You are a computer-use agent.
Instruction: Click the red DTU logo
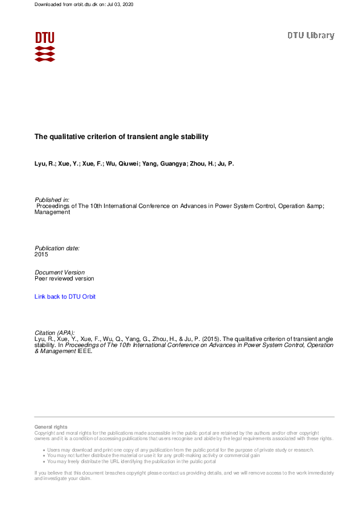[45, 46]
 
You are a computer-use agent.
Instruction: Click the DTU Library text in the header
[310, 36]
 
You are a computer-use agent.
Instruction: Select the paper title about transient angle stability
[121, 137]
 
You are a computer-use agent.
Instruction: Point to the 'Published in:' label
[52, 199]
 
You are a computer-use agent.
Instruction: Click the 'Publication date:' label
[57, 248]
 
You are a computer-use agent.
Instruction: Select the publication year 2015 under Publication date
[41, 254]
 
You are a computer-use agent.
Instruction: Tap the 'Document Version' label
[60, 272]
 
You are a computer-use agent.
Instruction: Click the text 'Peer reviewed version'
[64, 279]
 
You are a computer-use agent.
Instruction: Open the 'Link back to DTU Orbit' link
[65, 296]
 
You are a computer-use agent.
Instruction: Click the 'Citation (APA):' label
[55, 332]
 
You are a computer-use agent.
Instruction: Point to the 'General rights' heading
[51, 427]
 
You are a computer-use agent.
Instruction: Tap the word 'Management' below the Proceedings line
[52, 212]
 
